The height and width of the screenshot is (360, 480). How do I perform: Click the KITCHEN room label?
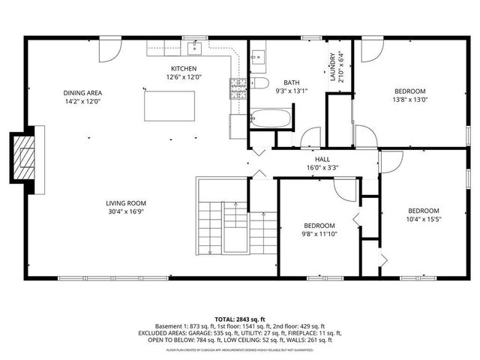[184, 68]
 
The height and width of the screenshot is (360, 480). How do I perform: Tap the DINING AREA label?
[82, 93]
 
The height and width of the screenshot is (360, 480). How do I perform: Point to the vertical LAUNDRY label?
[331, 67]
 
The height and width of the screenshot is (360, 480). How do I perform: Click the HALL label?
[322, 159]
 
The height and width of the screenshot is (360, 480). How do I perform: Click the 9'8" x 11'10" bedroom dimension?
[319, 234]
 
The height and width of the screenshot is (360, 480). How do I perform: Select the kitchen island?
[169, 106]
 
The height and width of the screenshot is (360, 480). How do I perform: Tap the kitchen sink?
[196, 49]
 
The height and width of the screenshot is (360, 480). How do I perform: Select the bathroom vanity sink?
[257, 56]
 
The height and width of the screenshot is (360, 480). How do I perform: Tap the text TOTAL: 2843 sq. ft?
[239, 319]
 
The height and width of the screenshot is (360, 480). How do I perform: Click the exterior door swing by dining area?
[109, 51]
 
